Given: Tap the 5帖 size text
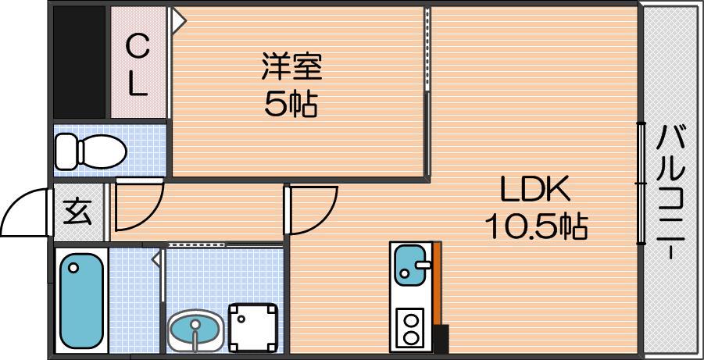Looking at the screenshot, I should point(291,104).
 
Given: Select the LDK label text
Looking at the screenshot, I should point(535,190).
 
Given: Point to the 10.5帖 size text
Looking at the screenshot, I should point(535,226).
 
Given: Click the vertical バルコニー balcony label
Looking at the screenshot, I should point(670,192).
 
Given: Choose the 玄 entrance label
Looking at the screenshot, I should point(77,212).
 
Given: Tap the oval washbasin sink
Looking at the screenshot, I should point(195,330).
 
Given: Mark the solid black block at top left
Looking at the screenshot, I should point(79,62).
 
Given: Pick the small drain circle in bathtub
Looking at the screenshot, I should point(73,268).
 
